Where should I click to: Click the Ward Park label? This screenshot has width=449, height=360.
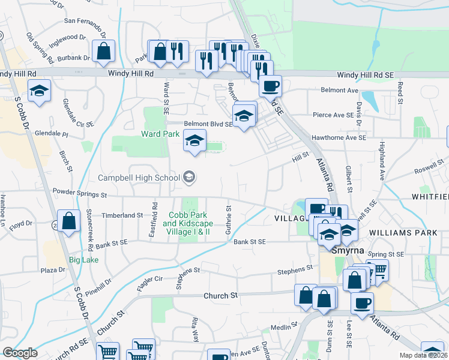pyautogui.click(x=160, y=134)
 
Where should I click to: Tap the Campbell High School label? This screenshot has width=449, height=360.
pyautogui.click(x=139, y=178)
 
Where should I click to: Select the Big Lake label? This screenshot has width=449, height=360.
pyautogui.click(x=83, y=260)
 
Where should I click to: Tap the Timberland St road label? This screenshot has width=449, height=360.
pyautogui.click(x=122, y=214)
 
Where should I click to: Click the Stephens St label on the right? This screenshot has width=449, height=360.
pyautogui.click(x=295, y=272)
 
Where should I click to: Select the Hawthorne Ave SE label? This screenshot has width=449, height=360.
pyautogui.click(x=339, y=137)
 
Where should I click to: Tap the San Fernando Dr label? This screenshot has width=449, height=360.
pyautogui.click(x=85, y=22)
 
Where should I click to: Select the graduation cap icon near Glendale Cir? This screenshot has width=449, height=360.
pyautogui.click(x=40, y=91)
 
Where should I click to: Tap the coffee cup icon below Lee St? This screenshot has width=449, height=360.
pyautogui.click(x=362, y=303)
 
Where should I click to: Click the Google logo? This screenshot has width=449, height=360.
pyautogui.click(x=20, y=353)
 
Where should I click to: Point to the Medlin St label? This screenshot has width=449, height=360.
pyautogui.click(x=280, y=327)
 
